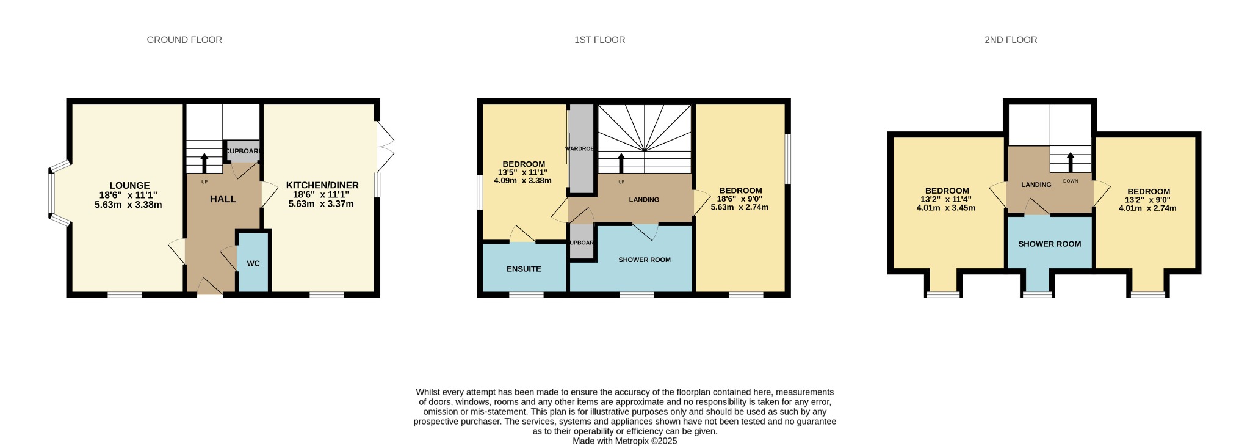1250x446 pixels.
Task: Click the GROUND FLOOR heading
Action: (x=184, y=40)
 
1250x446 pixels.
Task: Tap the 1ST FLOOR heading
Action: (x=599, y=40)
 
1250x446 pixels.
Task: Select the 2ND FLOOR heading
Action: (x=1010, y=40)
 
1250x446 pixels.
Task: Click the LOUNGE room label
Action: (x=129, y=185)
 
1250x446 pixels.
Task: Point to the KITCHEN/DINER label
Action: (x=322, y=185)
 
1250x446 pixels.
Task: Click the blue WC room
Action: (x=253, y=263)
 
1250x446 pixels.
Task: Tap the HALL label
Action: (x=223, y=199)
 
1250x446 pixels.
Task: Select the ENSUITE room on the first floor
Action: (x=524, y=269)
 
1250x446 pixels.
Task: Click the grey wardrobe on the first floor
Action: (x=581, y=149)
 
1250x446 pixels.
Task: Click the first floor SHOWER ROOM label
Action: (x=644, y=260)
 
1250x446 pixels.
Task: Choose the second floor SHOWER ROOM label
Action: (x=1049, y=244)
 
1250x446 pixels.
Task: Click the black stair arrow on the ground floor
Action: (x=204, y=163)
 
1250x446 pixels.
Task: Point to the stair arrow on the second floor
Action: (x=1070, y=162)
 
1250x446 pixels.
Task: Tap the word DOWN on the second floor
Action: (x=1070, y=181)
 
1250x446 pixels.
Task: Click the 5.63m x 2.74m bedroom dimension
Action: (x=739, y=207)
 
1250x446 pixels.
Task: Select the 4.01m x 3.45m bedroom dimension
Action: (x=945, y=208)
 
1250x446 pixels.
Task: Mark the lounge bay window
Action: (x=54, y=193)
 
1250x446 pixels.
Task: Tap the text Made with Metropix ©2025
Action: (x=624, y=441)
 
